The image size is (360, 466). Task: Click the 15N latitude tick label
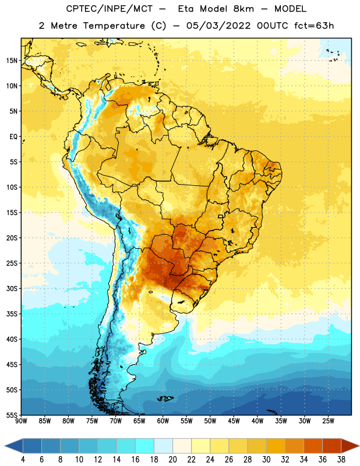pyautogui.click(x=12, y=61)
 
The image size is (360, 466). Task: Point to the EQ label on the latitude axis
pyautogui.click(x=13, y=137)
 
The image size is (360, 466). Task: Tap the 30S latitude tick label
pyautogui.click(x=12, y=288)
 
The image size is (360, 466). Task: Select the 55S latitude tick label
pyautogui.click(x=12, y=415)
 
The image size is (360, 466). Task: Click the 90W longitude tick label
pyautogui.click(x=21, y=421)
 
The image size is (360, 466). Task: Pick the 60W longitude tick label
pyautogui.click(x=163, y=421)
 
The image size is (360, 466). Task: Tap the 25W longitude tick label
pyautogui.click(x=328, y=421)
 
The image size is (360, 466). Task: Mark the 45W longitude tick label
pyautogui.click(x=234, y=421)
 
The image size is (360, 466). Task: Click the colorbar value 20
pyautogui.click(x=172, y=460)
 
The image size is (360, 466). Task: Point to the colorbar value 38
pyautogui.click(x=341, y=460)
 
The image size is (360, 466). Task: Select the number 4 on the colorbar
pyautogui.click(x=23, y=460)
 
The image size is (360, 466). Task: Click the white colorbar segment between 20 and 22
pyautogui.click(x=182, y=446)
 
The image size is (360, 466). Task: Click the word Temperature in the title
pyautogui.click(x=114, y=26)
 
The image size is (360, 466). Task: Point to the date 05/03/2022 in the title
pyautogui.click(x=219, y=26)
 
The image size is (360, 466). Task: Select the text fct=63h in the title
pyautogui.click(x=314, y=26)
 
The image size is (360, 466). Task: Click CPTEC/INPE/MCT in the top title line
pyautogui.click(x=109, y=9)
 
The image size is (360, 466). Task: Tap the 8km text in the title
pyautogui.click(x=243, y=9)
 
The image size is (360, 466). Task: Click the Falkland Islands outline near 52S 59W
pyautogui.click(x=165, y=398)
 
